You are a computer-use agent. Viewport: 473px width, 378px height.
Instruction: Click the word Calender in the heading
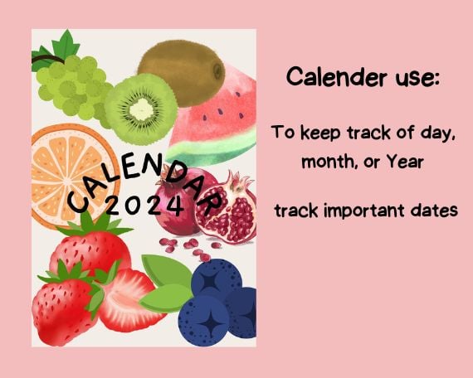[336, 76]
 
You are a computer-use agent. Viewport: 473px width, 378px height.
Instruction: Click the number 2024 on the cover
[144, 206]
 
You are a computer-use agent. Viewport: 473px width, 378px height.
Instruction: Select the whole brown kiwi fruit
[181, 73]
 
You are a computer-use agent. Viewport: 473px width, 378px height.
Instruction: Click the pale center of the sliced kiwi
[141, 109]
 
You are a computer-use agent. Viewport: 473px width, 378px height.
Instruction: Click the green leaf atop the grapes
[66, 45]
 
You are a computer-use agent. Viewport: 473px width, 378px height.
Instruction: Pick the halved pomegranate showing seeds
[227, 207]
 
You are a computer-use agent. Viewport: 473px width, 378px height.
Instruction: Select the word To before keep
[284, 132]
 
